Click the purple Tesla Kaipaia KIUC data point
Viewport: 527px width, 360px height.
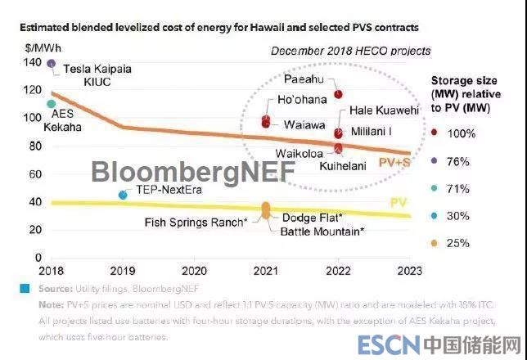click(52, 63)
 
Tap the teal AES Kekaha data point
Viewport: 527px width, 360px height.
click(52, 105)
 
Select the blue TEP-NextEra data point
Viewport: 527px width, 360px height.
click(124, 195)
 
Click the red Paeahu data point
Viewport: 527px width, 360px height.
click(338, 95)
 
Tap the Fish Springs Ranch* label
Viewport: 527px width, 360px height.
click(196, 222)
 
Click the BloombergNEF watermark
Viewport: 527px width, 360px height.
click(173, 171)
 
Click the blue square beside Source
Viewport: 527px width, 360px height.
click(27, 288)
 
